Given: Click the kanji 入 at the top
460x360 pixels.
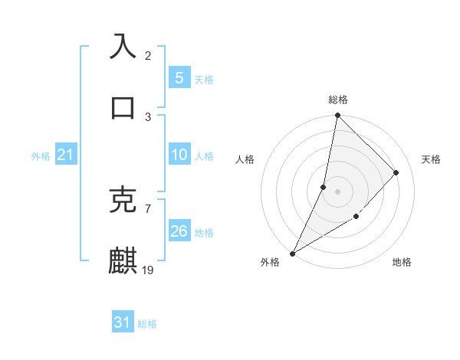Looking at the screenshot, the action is (123, 46).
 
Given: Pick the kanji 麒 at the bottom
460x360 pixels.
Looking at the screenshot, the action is (123, 260).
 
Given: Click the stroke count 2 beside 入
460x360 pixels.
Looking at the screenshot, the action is (148, 55).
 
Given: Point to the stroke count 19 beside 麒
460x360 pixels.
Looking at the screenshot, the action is (149, 270).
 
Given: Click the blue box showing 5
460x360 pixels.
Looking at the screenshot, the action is (179, 78).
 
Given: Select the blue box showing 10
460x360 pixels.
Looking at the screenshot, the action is (179, 155).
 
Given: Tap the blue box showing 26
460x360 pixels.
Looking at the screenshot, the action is (179, 231).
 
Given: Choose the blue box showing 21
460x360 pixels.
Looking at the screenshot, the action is (65, 155).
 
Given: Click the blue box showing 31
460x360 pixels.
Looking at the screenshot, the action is (122, 322).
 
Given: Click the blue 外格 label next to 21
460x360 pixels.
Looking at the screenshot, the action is (41, 156).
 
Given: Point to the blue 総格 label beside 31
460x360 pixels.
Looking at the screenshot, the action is (147, 324).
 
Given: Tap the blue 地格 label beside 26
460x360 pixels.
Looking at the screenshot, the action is (204, 232).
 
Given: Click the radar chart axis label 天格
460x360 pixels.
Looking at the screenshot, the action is (431, 159).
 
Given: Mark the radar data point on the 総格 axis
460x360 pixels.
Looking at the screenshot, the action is (337, 115).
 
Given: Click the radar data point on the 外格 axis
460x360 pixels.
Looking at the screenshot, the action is (292, 253).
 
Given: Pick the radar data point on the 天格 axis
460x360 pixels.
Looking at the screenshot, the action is (396, 172).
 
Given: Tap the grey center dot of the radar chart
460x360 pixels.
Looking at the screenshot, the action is (337, 191).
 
